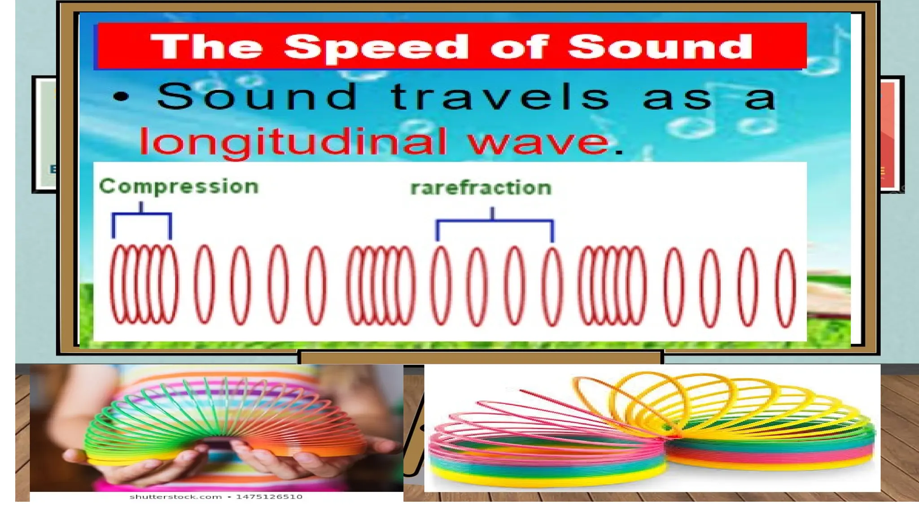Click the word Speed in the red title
pyautogui.click(x=376, y=48)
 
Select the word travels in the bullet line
pyautogui.click(x=499, y=97)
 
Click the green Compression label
pyautogui.click(x=179, y=187)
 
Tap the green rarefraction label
pyautogui.click(x=481, y=188)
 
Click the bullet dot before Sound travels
pyautogui.click(x=121, y=97)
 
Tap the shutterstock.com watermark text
pyautogui.click(x=175, y=497)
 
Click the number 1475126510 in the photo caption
pyautogui.click(x=269, y=497)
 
